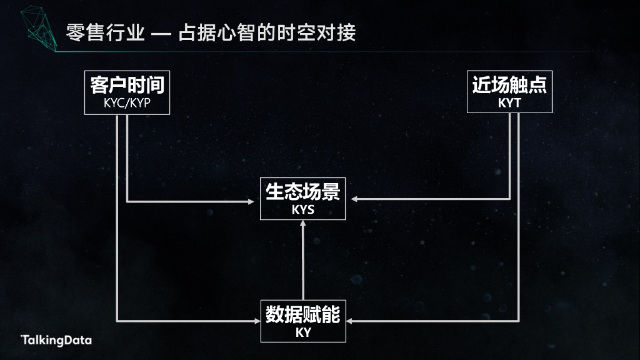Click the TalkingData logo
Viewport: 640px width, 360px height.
pos(57,340)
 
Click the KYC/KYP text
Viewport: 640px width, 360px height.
pos(127,103)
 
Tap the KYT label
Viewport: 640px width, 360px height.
pos(509,103)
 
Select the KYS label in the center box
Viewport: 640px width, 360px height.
pos(303,210)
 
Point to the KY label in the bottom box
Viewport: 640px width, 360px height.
pos(303,332)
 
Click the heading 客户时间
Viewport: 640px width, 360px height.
pos(127,84)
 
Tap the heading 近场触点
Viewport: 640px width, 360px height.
pos(509,84)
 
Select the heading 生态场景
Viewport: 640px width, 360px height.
pos(303,191)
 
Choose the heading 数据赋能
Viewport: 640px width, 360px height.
pos(303,314)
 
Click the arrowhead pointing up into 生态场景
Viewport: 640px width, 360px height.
pos(303,224)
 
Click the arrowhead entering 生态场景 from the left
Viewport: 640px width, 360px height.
pos(256,201)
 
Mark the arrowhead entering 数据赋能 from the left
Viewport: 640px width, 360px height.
pos(256,321)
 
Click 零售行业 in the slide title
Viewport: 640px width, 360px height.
pos(104,32)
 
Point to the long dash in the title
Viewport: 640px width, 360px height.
pos(161,33)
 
